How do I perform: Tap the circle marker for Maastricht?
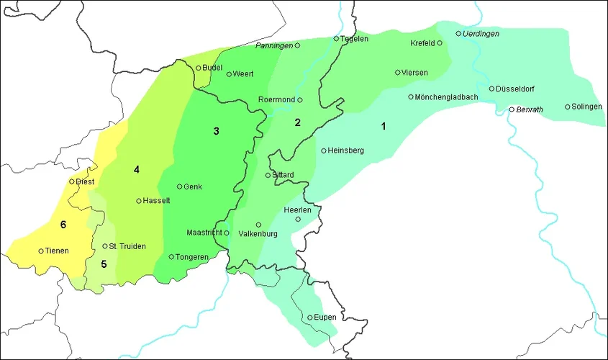[226, 233]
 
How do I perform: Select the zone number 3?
[215, 131]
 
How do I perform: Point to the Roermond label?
[276, 100]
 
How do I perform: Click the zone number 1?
[384, 126]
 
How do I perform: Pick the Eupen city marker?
[310, 318]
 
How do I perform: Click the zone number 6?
[63, 225]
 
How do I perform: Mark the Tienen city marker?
[41, 251]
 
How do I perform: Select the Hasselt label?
[157, 202]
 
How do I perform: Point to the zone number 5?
[104, 264]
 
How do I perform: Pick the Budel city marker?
[199, 68]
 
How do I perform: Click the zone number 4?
[135, 169]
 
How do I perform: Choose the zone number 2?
[297, 122]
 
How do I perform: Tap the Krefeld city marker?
[440, 43]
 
